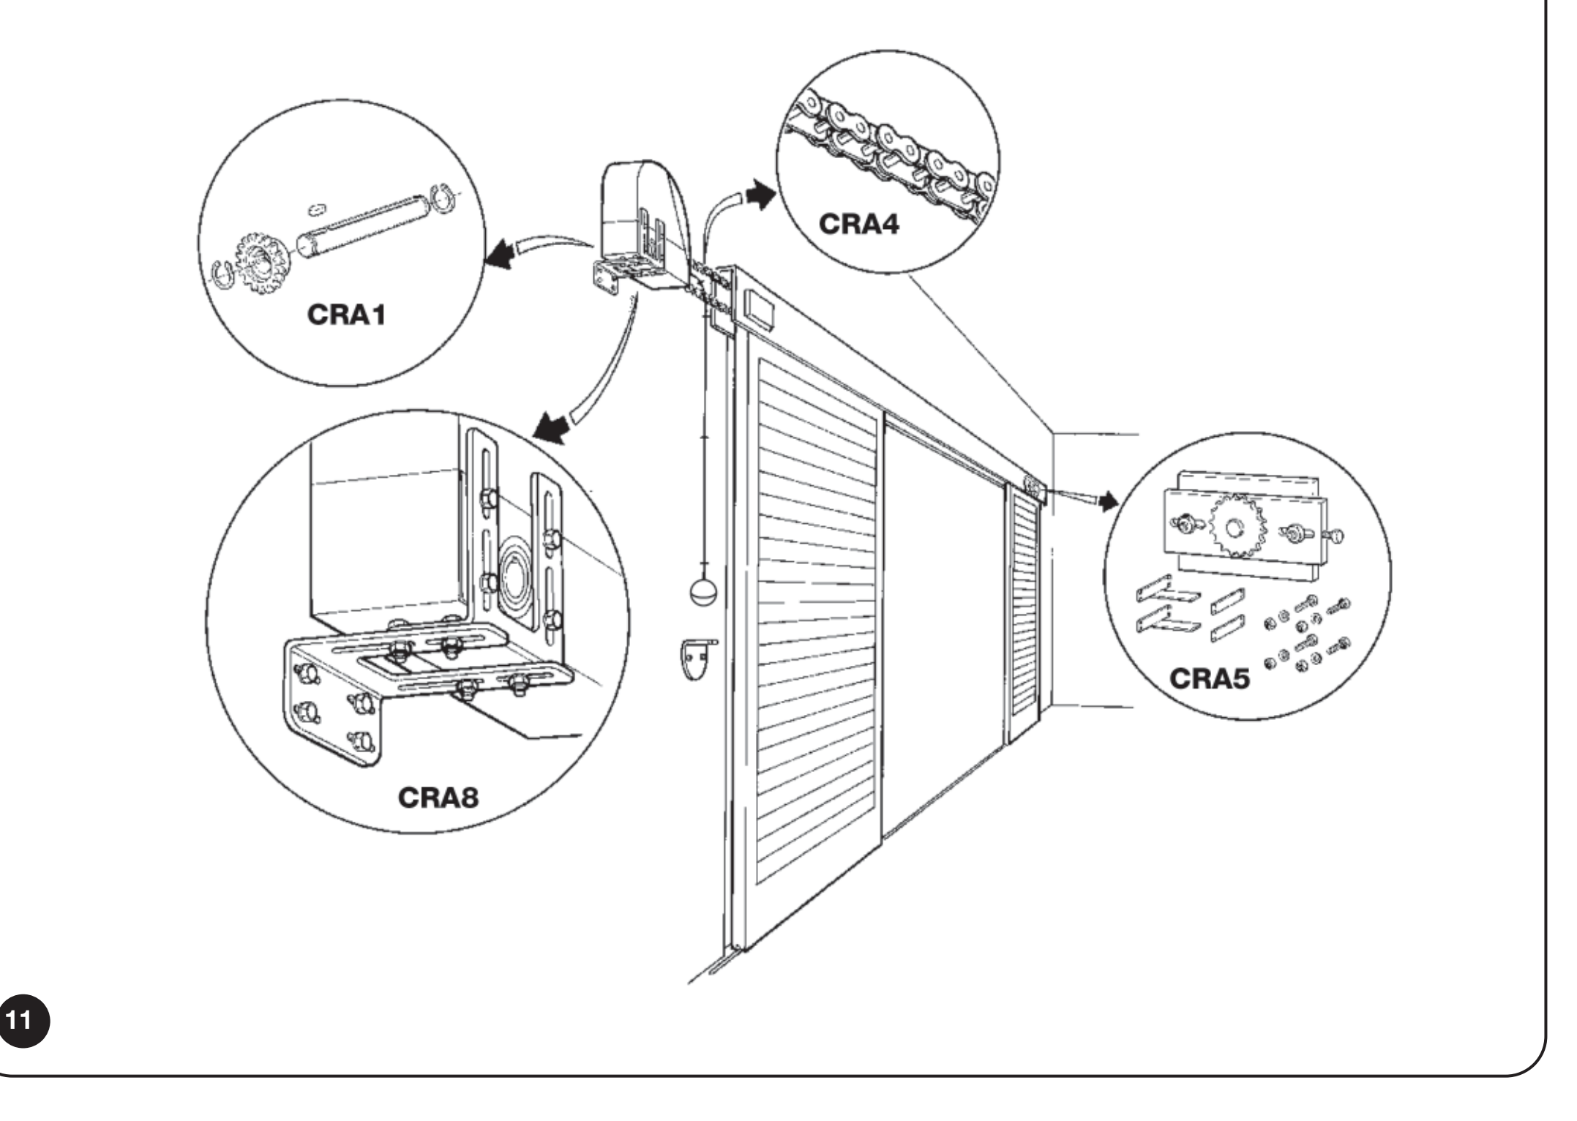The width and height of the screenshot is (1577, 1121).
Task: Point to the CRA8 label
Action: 438,796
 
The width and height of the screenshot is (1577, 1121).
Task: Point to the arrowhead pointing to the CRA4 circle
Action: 761,195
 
